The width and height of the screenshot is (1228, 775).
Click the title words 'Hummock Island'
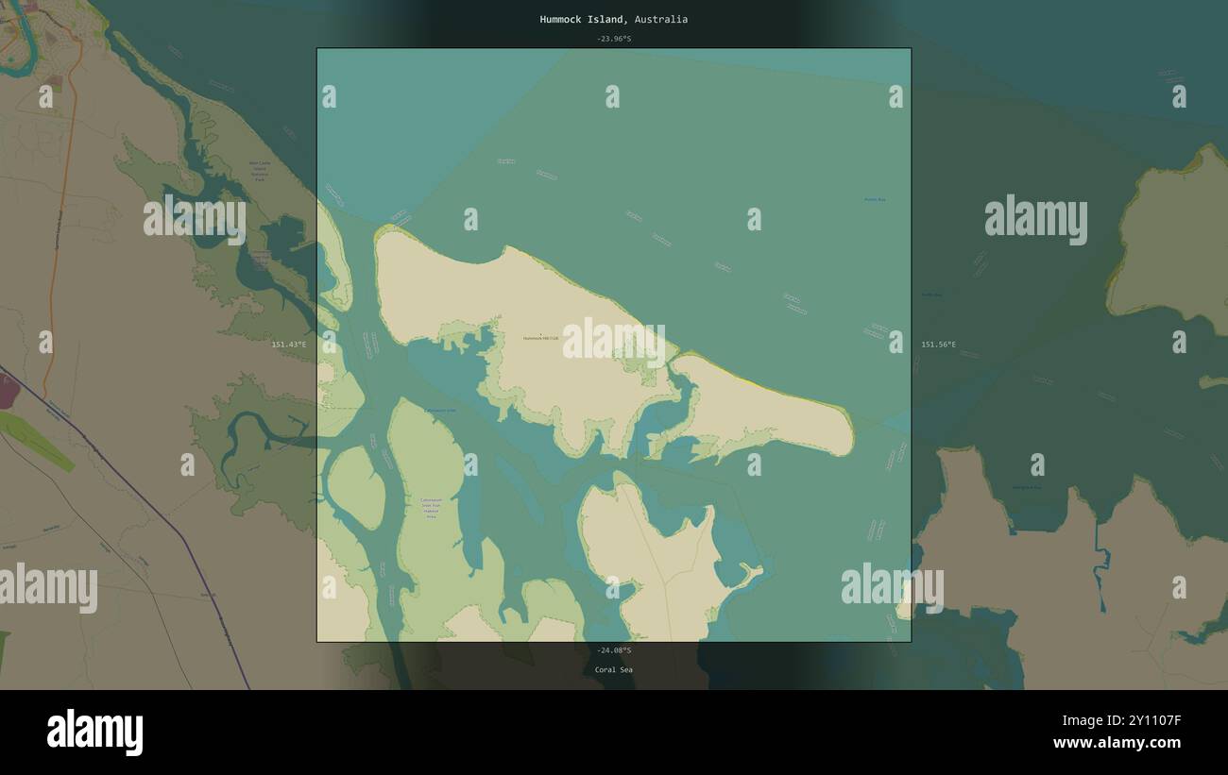pyautogui.click(x=581, y=19)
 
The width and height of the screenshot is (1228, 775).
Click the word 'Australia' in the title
pyautogui.click(x=661, y=19)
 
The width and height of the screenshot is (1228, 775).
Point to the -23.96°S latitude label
pyautogui.click(x=614, y=39)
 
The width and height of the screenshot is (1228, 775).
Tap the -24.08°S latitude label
pyautogui.click(x=614, y=650)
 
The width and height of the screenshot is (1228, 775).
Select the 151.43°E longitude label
pyautogui.click(x=289, y=345)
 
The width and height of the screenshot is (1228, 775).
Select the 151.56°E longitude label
pyautogui.click(x=938, y=345)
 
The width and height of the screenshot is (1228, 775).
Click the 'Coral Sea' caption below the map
pyautogui.click(x=614, y=669)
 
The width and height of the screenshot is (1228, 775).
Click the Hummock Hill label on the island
pyautogui.click(x=541, y=337)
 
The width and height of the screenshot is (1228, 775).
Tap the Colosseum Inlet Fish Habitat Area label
pyautogui.click(x=431, y=508)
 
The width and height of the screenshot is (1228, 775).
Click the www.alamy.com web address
pyautogui.click(x=1117, y=743)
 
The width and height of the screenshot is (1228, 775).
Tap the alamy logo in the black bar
pyautogui.click(x=95, y=733)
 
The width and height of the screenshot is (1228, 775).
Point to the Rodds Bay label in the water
pyautogui.click(x=875, y=199)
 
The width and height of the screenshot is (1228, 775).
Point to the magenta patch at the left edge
pyautogui.click(x=8, y=391)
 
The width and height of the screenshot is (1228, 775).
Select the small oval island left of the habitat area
pyautogui.click(x=356, y=487)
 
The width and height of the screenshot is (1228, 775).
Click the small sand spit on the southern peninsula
pyautogui.click(x=753, y=573)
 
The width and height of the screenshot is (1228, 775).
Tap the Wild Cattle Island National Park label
pyautogui.click(x=260, y=170)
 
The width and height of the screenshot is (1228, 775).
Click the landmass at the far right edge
pyautogui.click(x=1171, y=245)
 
